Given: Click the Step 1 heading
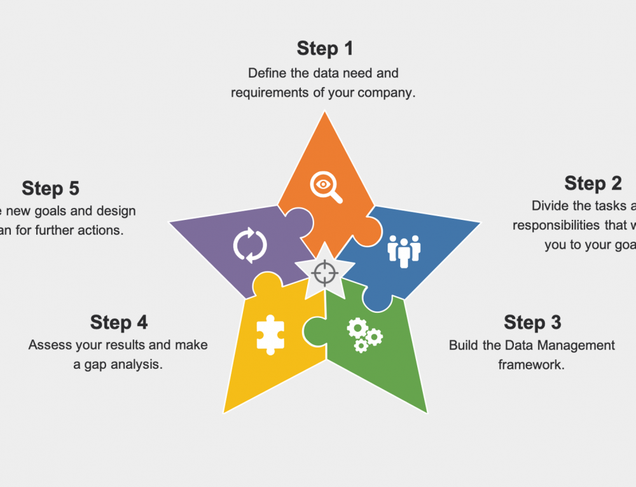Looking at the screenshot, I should (x=325, y=48).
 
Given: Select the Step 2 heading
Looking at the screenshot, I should (x=593, y=183).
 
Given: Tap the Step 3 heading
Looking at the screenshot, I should (x=532, y=322).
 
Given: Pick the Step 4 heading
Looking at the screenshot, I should (x=119, y=322).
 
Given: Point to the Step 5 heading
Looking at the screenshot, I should (x=50, y=188).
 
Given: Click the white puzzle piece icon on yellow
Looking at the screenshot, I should (x=270, y=334).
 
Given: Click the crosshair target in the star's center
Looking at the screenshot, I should (x=325, y=272).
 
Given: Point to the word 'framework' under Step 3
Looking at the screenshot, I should (x=532, y=365).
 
